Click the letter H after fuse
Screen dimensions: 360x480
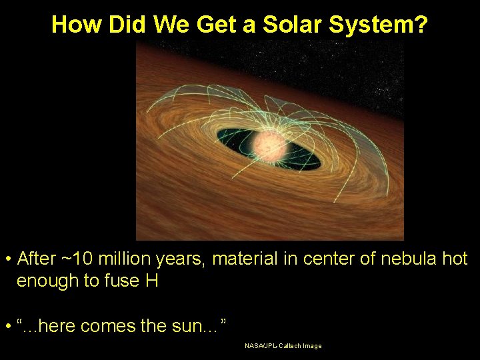151,281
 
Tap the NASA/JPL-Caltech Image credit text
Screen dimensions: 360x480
283,346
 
